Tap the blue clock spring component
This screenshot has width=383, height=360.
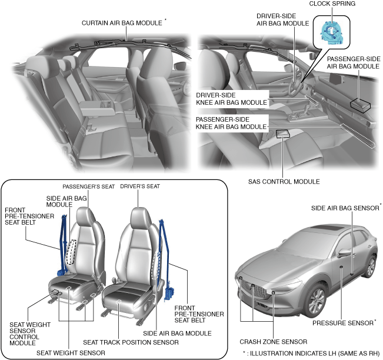pyautogui.click(x=331, y=31)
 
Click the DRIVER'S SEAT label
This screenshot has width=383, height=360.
pyautogui.click(x=140, y=186)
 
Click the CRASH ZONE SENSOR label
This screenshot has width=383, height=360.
pyautogui.click(x=273, y=341)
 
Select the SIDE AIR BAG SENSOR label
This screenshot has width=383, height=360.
pyautogui.click(x=345, y=208)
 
